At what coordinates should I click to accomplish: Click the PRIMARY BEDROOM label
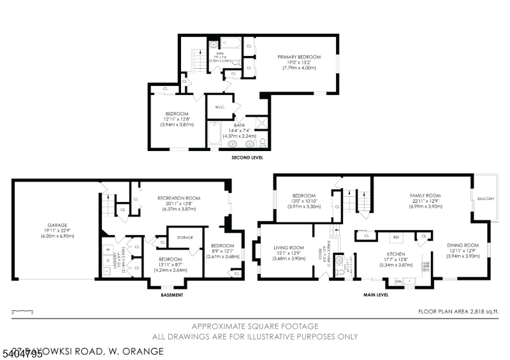pos(299,57)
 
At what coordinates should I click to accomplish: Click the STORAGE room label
pos(185,237)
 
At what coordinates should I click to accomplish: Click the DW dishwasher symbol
pos(398,280)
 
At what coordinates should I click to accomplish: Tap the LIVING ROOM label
pos(288,247)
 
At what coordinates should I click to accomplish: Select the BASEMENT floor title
pos(172,295)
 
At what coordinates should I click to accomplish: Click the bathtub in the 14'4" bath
pos(214,135)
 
